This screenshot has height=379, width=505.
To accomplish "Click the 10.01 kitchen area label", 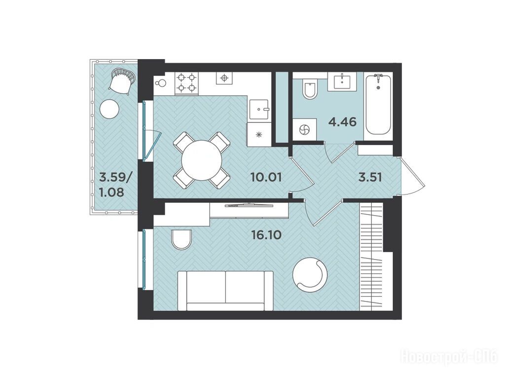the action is click(266, 177).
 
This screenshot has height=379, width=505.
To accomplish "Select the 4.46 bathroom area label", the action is click(342, 122).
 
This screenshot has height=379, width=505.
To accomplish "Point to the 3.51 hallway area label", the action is click(370, 177).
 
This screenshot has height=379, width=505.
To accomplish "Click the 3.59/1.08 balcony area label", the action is click(112, 185).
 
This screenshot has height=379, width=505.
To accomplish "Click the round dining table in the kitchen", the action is click(202, 160).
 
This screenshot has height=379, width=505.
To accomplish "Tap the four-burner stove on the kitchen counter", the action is click(187, 83).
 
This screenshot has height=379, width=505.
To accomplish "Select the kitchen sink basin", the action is click(259, 109).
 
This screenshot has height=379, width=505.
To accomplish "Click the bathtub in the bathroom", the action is click(378, 105).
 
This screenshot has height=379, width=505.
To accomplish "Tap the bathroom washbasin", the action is click(342, 81).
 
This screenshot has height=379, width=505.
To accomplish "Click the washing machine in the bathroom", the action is click(304, 130).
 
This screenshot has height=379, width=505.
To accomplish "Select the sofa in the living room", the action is click(225, 291).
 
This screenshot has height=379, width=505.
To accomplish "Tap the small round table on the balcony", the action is click(109, 109).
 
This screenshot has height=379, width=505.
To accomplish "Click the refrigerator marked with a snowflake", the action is click(258, 135).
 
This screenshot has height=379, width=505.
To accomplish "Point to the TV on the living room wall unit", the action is click(249, 205).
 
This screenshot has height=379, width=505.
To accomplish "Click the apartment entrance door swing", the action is click(413, 177).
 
